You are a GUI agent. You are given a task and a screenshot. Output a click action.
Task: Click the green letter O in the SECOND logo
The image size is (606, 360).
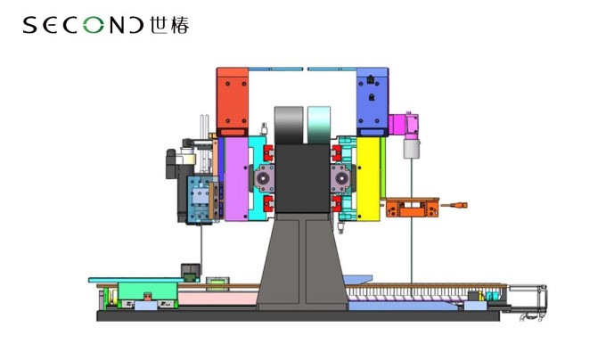94,26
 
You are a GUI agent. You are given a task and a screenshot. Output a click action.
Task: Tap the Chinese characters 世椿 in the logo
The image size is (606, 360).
169,25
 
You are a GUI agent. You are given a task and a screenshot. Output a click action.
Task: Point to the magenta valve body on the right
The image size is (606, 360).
404,125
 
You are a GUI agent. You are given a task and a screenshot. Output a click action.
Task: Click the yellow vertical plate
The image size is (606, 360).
368,179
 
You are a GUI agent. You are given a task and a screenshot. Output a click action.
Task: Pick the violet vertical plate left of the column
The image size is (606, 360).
236,179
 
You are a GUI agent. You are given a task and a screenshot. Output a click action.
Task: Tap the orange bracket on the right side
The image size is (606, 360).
412,208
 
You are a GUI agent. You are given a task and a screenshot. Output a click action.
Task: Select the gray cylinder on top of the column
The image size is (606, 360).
289,125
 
